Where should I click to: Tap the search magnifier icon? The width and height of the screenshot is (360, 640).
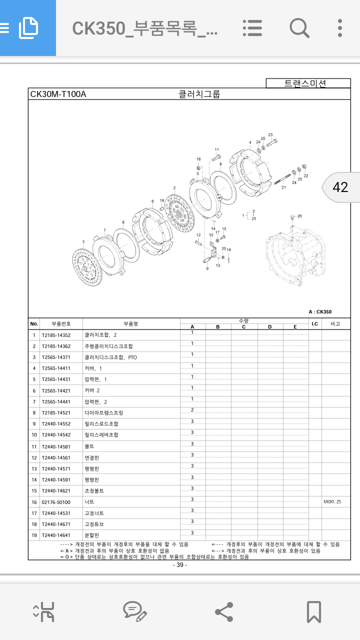point(299,27)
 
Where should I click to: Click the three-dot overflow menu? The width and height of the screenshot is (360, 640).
point(340,27)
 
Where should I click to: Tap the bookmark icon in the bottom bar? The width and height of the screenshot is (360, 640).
point(313,611)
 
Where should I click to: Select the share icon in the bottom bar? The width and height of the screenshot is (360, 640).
point(223,611)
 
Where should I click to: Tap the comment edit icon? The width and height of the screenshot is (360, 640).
point(134,611)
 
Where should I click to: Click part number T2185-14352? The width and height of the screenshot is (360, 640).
point(56,335)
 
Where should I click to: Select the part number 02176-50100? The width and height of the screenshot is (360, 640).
point(56,502)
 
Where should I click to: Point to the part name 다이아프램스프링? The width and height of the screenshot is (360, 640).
point(103,413)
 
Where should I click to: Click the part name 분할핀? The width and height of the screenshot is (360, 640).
point(92,535)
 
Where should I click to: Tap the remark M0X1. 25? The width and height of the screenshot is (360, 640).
point(332,501)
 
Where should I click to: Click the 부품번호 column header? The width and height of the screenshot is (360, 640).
point(55,324)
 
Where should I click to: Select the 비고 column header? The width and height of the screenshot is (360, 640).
point(335,324)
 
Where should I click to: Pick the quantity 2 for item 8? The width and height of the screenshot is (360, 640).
point(192,410)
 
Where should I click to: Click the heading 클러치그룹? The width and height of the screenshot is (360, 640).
point(199,94)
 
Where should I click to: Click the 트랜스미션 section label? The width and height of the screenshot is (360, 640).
point(305,83)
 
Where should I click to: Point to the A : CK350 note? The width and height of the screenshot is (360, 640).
point(320,312)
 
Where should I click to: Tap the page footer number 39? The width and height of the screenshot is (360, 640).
point(179,565)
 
